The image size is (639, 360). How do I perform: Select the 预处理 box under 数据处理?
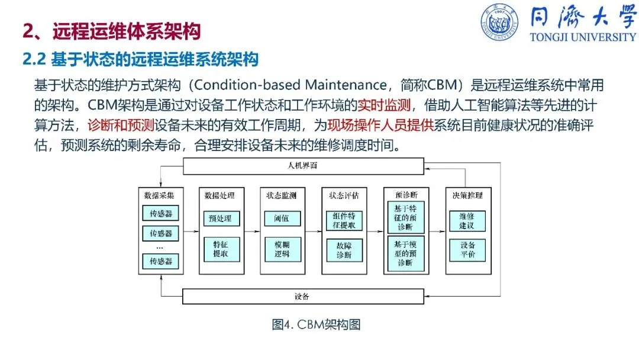coord(221,219)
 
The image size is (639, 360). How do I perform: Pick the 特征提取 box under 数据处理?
coord(221,249)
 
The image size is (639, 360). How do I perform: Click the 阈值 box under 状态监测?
coord(282,219)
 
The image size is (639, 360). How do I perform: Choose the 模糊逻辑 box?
coord(282,249)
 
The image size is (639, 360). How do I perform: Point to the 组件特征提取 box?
coord(344,220)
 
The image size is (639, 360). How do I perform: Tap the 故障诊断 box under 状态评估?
coord(344,250)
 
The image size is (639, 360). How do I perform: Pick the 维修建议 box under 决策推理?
coord(466,221)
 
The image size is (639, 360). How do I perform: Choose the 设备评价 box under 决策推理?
coord(466,250)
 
